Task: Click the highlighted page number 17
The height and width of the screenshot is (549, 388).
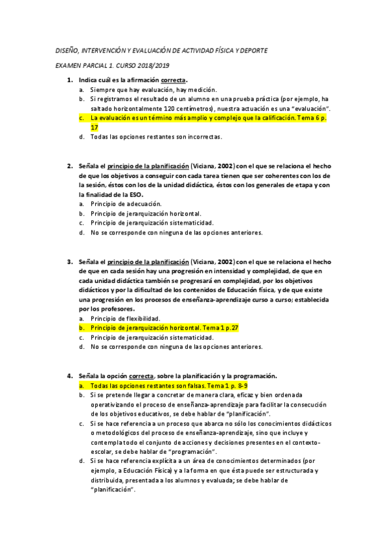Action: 94,128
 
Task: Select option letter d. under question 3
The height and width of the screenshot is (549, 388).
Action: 81,347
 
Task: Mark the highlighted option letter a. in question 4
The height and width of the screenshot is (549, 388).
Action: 81,385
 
